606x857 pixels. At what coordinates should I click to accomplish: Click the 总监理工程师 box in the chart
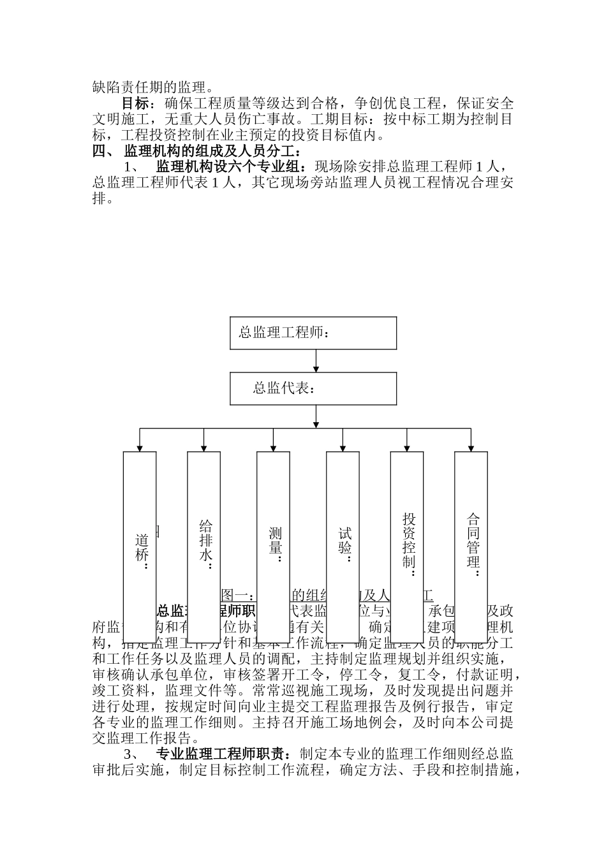tap(313, 333)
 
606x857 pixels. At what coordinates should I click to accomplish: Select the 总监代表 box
tap(313, 388)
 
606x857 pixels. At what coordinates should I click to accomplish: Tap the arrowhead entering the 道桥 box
tap(140, 448)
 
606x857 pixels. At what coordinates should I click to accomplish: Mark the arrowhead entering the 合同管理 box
tap(471, 448)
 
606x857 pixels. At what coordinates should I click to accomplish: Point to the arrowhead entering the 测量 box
tap(273, 448)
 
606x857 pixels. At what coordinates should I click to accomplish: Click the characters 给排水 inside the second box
tap(205, 541)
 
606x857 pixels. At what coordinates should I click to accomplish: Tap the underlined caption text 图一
tap(234, 596)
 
